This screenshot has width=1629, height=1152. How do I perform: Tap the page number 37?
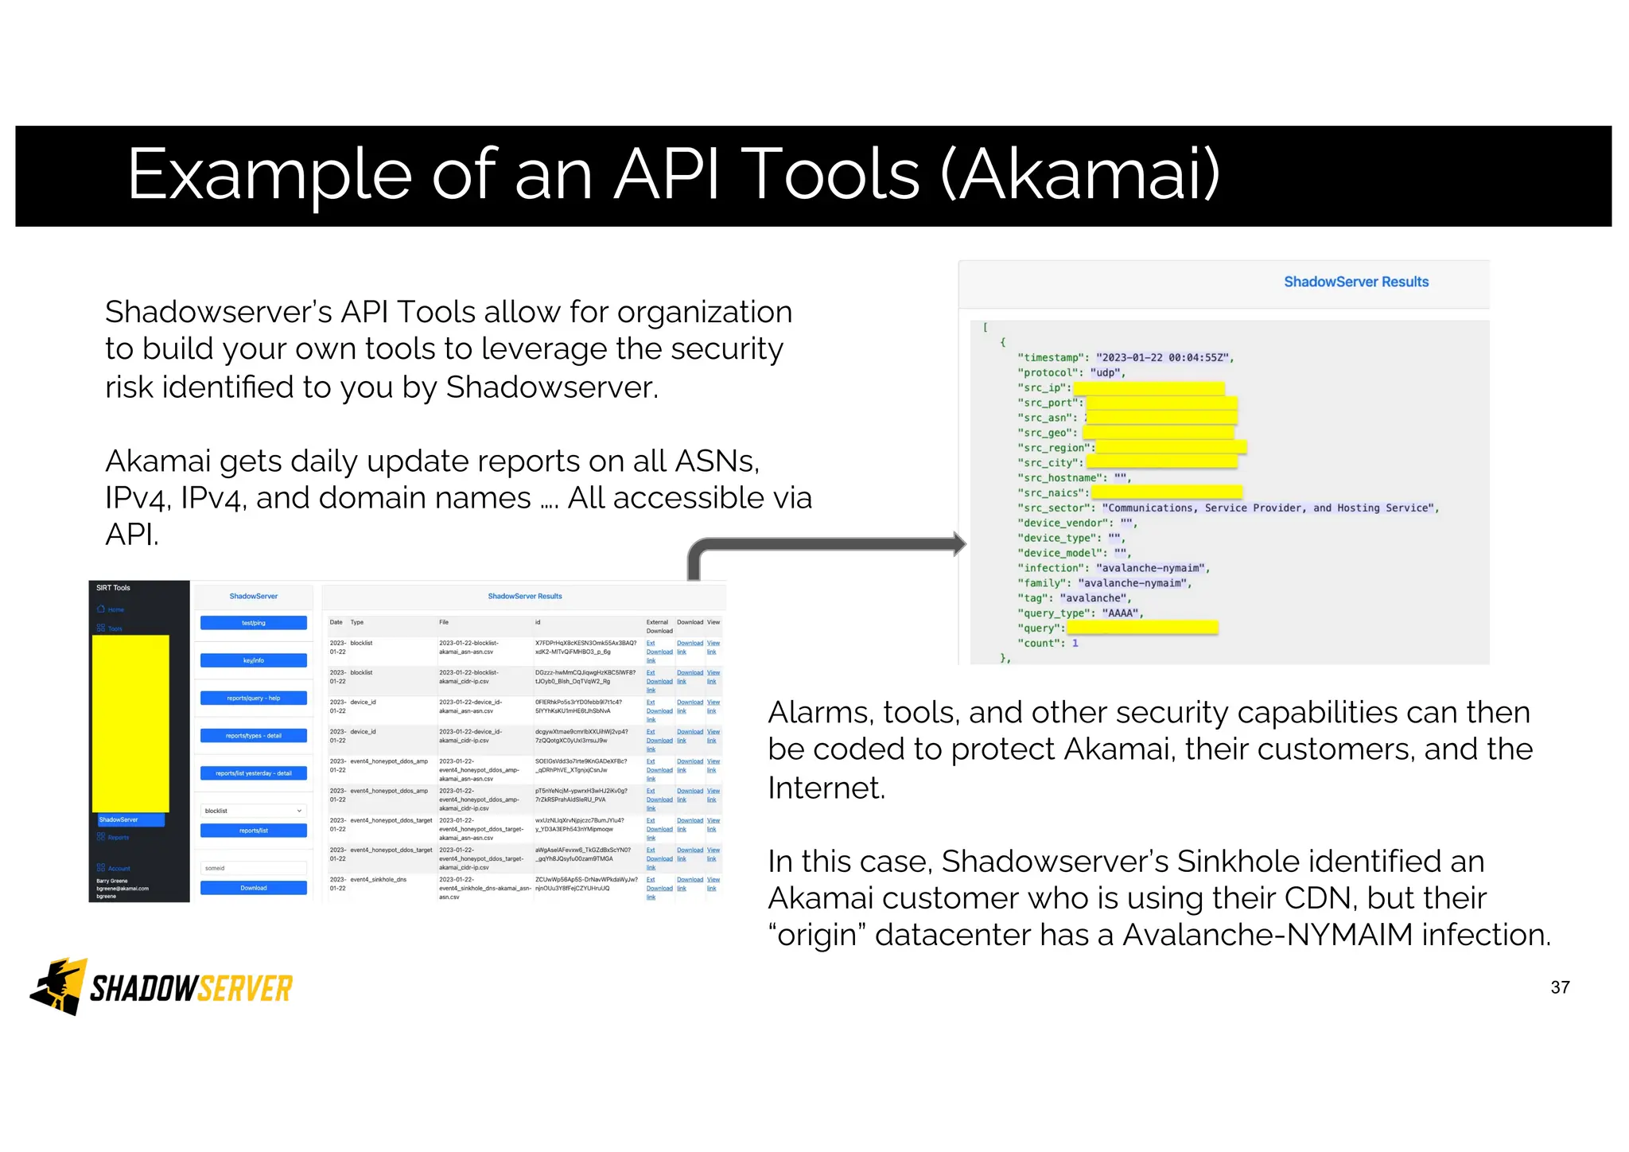pyautogui.click(x=1560, y=987)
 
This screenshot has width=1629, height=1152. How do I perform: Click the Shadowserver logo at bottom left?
pyautogui.click(x=161, y=987)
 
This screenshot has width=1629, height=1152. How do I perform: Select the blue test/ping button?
pyautogui.click(x=253, y=623)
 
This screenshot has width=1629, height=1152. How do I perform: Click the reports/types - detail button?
pyautogui.click(x=253, y=735)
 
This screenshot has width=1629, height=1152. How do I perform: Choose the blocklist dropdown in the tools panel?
pyautogui.click(x=253, y=811)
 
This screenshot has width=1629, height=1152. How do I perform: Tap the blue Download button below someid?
pyautogui.click(x=253, y=888)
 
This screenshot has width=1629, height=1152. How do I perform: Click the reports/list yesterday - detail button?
pyautogui.click(x=253, y=773)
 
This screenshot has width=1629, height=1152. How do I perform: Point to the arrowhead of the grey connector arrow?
pyautogui.click(x=960, y=544)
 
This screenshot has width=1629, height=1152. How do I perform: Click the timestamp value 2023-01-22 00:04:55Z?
pyautogui.click(x=1164, y=358)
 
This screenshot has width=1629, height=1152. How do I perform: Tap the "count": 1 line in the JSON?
pyautogui.click(x=1048, y=643)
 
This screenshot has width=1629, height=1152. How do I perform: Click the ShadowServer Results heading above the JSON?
pyautogui.click(x=1355, y=282)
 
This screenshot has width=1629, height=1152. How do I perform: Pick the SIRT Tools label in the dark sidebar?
pyautogui.click(x=113, y=588)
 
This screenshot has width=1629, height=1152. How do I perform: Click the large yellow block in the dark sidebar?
pyautogui.click(x=130, y=722)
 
